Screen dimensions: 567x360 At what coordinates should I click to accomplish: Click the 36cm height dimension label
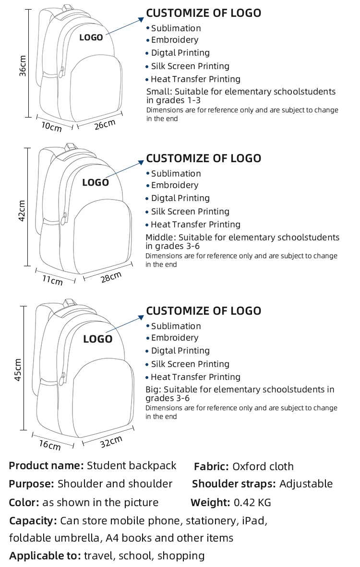pyautogui.click(x=22, y=66)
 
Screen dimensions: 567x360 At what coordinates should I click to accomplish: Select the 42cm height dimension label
pyautogui.click(x=22, y=211)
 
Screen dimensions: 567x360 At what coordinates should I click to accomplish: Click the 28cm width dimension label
pyautogui.click(x=111, y=277)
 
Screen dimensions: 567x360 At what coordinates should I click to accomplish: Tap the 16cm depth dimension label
pyautogui.click(x=50, y=444)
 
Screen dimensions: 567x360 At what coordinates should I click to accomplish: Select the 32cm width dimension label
pyautogui.click(x=111, y=441)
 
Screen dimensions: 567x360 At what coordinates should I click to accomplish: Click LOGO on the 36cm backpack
pyautogui.click(x=91, y=37)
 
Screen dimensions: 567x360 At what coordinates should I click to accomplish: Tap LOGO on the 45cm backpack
pyautogui.click(x=97, y=339)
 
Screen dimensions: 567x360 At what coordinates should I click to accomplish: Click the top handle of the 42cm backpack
pyautogui.click(x=72, y=145)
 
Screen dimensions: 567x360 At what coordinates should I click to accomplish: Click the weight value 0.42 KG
pyautogui.click(x=252, y=503)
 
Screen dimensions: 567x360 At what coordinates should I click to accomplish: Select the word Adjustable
pyautogui.click(x=306, y=484)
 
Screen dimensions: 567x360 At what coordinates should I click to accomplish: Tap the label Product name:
pyautogui.click(x=47, y=465)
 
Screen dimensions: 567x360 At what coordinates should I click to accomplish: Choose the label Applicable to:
pyautogui.click(x=45, y=556)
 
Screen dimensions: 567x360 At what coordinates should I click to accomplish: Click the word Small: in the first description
pyautogui.click(x=158, y=92)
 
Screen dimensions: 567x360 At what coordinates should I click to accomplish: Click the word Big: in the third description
pyautogui.click(x=153, y=390)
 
